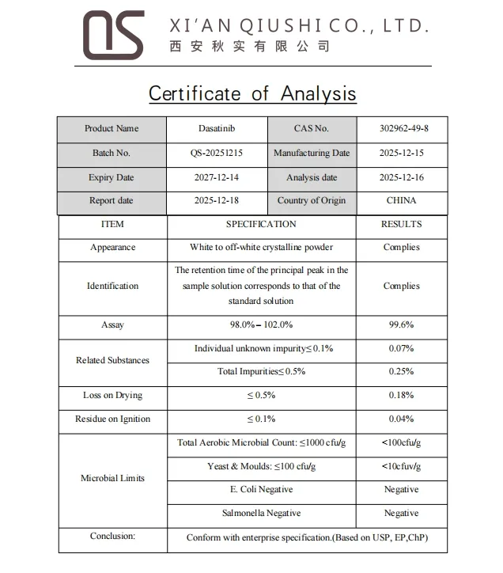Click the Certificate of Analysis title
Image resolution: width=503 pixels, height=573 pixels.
252,93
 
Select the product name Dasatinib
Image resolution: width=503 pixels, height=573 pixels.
217,129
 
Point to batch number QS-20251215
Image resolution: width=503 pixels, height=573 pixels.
217,154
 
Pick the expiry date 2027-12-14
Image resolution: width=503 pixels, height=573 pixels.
217,178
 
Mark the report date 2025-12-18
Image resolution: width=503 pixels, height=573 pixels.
217,201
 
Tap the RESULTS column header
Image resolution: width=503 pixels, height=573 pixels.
401,225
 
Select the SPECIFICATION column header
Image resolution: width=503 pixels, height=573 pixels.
261,225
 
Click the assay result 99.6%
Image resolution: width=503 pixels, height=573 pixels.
401,325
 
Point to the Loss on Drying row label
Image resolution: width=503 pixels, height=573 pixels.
112,396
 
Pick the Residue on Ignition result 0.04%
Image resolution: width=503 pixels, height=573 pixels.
401,419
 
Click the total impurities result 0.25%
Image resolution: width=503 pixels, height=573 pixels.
401,372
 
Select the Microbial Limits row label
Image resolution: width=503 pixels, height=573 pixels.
112,478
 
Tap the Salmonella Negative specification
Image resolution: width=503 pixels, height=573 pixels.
261,514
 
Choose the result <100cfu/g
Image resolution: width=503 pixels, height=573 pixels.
401,443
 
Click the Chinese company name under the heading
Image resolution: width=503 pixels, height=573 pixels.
249,47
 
